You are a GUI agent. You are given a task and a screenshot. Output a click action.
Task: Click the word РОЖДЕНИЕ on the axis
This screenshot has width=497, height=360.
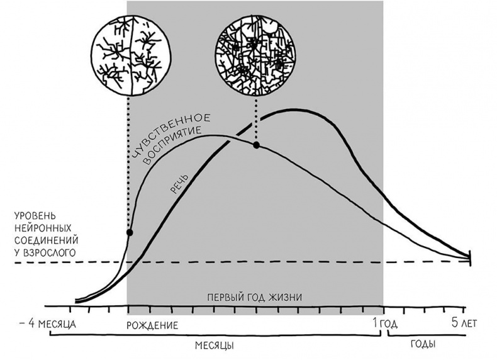(152, 326)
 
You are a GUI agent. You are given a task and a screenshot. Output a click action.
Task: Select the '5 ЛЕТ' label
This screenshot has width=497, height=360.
(464, 324)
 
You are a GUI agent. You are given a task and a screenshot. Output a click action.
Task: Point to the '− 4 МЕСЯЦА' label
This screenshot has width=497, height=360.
(48, 324)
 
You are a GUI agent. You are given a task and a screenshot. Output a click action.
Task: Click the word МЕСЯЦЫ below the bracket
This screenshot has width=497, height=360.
(215, 347)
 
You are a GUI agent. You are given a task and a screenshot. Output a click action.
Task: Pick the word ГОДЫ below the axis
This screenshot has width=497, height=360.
(423, 346)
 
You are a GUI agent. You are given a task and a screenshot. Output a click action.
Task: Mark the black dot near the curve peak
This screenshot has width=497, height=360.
(256, 145)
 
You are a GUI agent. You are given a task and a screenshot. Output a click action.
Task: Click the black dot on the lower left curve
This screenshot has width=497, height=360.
(130, 232)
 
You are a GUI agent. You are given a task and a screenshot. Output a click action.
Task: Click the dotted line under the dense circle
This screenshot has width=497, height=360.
(256, 120)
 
